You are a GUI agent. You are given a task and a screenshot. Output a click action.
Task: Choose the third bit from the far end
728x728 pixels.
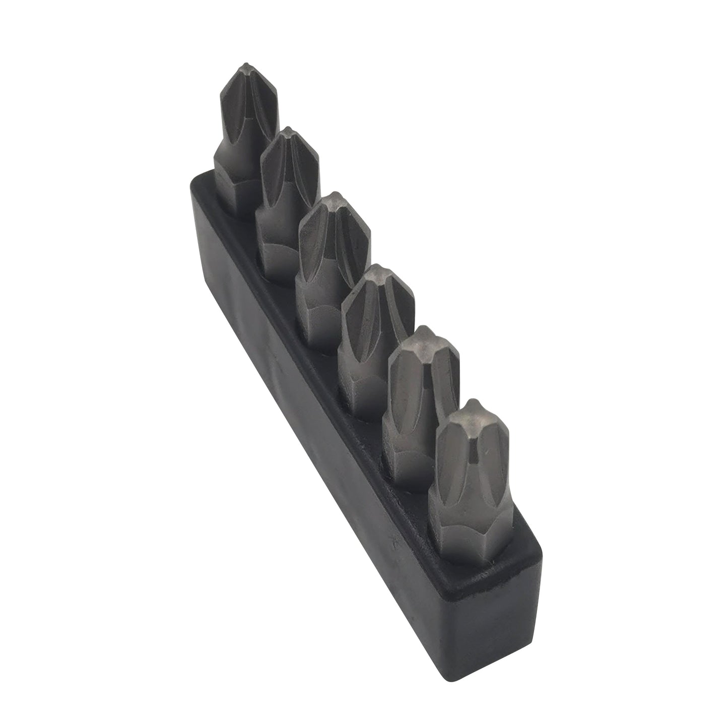pyautogui.click(x=332, y=257)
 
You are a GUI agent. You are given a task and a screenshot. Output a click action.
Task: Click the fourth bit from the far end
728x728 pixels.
pyautogui.click(x=375, y=327)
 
